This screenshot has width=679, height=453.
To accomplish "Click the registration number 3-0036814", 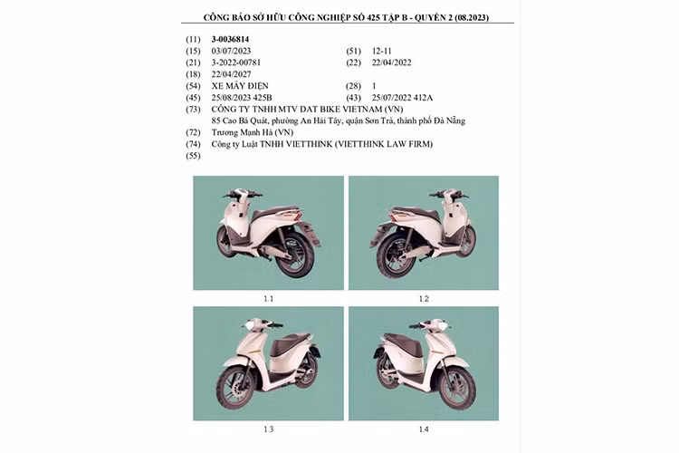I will point(230,39).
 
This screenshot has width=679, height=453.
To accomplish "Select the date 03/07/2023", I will point(233,51).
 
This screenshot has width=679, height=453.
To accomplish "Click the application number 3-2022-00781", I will point(238,63).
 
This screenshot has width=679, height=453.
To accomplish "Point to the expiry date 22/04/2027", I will point(233,74).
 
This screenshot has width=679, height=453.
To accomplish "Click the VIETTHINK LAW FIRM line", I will point(322,144).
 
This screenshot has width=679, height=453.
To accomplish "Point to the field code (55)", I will point(192,156).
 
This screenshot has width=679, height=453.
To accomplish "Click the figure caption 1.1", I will point(268,298).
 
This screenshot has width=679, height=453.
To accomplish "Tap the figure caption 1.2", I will point(424,298).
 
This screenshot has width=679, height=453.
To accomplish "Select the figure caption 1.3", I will point(268,429).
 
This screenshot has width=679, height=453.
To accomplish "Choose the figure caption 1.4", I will point(424,429).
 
